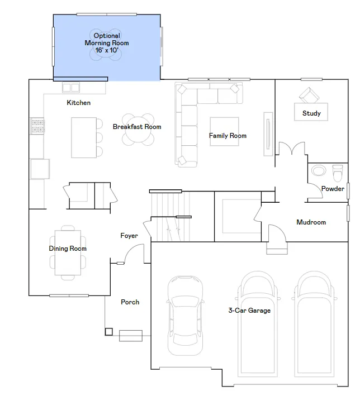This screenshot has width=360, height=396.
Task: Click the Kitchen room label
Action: (79, 103)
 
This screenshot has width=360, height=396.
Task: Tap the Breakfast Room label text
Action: (137, 127)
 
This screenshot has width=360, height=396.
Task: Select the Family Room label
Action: (228, 136)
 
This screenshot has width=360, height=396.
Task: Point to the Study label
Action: (311, 113)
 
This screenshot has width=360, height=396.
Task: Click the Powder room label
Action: (333, 189)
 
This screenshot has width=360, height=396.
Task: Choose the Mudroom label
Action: (311, 222)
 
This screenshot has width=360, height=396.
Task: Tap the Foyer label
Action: (129, 236)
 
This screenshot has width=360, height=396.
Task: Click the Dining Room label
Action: (68, 249)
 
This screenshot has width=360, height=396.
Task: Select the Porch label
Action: (130, 302)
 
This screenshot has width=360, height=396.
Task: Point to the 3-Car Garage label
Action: (249, 311)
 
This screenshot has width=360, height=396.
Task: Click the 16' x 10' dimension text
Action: (107, 50)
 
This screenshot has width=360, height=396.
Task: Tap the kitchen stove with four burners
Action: (37, 126)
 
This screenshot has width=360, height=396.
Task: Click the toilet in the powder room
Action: (338, 173)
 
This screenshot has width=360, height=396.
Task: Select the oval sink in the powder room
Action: (319, 170)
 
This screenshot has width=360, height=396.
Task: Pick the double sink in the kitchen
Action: (71, 88)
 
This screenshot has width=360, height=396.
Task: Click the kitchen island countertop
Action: (84, 137)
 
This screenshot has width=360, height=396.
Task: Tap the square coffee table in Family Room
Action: (224, 131)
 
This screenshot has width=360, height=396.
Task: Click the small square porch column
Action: (108, 332)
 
